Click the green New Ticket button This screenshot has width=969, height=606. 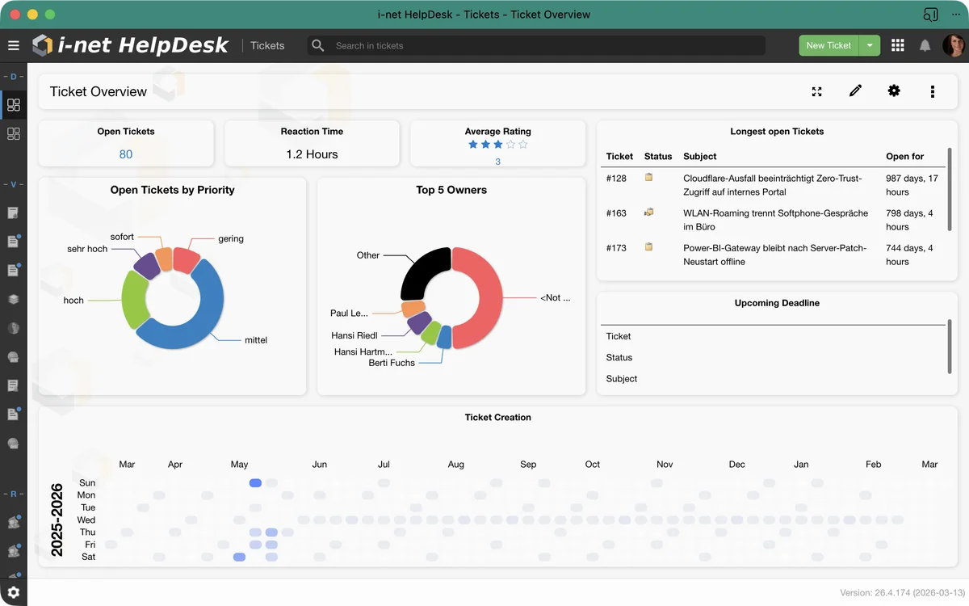pyautogui.click(x=828, y=45)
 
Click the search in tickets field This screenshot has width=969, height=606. pyautogui.click(x=541, y=45)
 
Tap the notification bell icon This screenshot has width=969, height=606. pyautogui.click(x=925, y=45)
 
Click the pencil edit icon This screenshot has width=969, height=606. pyautogui.click(x=855, y=91)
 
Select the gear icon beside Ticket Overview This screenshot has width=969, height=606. pyautogui.click(x=894, y=91)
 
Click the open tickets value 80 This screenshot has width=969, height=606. pyautogui.click(x=126, y=154)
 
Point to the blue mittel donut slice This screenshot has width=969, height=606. pyautogui.click(x=202, y=323)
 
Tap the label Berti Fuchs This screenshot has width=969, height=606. pyautogui.click(x=392, y=363)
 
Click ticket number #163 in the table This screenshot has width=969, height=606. pyautogui.click(x=616, y=213)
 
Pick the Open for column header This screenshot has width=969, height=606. pyautogui.click(x=904, y=156)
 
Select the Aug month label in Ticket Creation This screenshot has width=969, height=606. pyautogui.click(x=456, y=465)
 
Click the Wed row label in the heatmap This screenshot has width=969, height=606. pyautogui.click(x=86, y=520)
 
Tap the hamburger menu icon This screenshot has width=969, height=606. pyautogui.click(x=14, y=45)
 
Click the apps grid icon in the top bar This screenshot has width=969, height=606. pyautogui.click(x=898, y=45)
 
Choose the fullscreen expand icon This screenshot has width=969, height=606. pyautogui.click(x=816, y=91)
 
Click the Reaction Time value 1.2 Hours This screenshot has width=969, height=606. pyautogui.click(x=312, y=154)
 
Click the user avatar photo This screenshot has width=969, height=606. pyautogui.click(x=954, y=45)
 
